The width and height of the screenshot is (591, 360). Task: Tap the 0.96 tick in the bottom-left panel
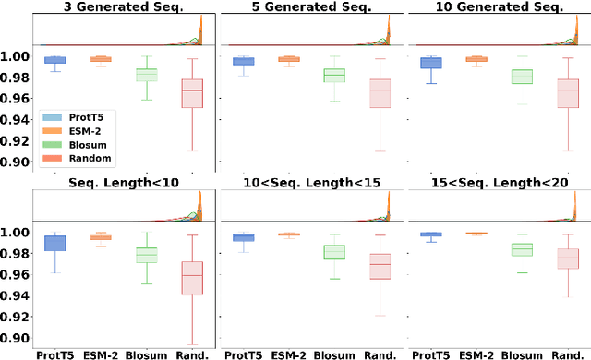click(x=17, y=274)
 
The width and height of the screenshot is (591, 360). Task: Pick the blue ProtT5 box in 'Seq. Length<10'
click(x=55, y=243)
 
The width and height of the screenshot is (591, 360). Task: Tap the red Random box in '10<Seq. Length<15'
click(x=380, y=266)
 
